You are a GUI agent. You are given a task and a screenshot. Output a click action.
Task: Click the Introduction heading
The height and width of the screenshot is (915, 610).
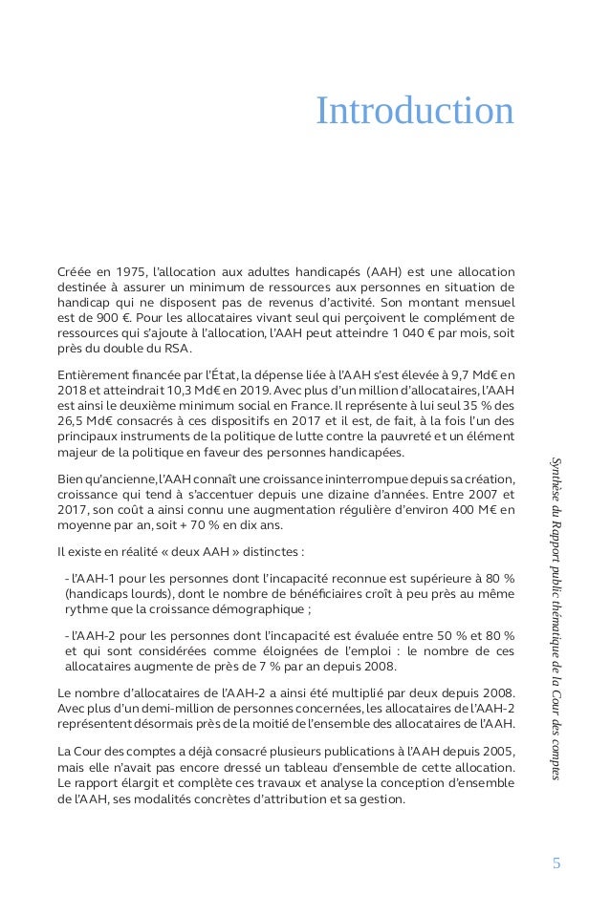415,111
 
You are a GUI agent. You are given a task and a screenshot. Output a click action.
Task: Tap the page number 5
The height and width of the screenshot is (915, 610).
557,864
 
